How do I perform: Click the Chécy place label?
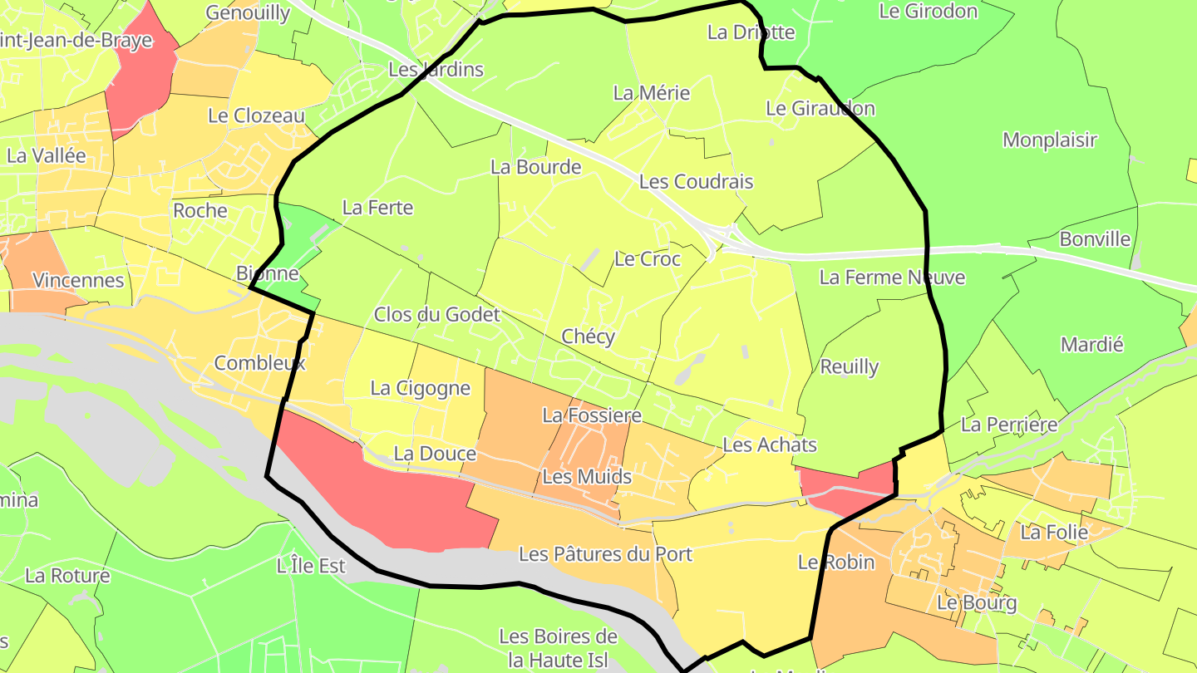tap(588, 336)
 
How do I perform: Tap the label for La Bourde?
tap(535, 167)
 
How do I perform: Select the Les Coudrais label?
tap(696, 181)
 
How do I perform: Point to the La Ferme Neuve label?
tap(892, 277)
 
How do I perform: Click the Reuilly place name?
tap(849, 366)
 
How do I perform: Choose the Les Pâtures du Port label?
tap(605, 553)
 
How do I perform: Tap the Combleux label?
tap(259, 363)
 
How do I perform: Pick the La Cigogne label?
tap(420, 388)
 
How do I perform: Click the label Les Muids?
tap(587, 477)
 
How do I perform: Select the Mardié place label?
tap(1091, 344)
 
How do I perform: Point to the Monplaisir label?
tap(1050, 140)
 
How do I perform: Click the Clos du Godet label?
tap(436, 314)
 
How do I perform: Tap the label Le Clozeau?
tap(256, 115)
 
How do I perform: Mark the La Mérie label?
tap(651, 93)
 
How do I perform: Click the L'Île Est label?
tap(311, 566)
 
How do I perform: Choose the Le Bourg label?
tap(976, 602)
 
